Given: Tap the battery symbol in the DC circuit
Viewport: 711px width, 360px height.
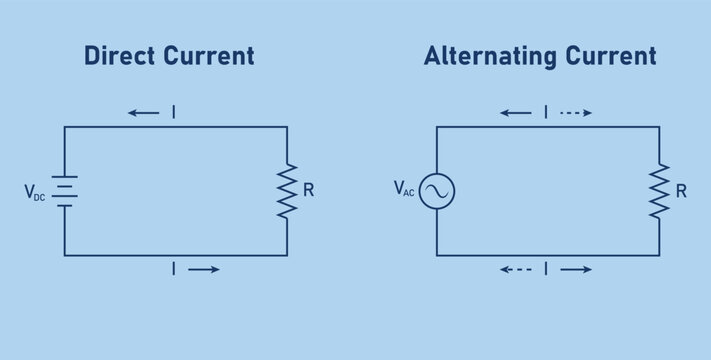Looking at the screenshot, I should pos(65,191).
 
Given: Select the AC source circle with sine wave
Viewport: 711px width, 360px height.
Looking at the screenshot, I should pos(437,191).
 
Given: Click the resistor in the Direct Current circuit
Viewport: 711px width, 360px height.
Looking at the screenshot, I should pos(287,191).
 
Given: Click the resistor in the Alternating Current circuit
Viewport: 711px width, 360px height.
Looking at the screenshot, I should pos(659,191).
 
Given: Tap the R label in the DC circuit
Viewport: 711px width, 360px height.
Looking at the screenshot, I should pos(308,189).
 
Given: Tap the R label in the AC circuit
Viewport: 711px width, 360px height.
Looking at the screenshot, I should pos(681,189).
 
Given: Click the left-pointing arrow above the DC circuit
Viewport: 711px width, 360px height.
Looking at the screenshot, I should pos(144,113).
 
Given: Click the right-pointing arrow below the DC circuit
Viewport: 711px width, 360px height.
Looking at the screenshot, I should pos(204,269).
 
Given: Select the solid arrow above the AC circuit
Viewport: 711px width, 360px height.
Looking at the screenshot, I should pos(516,113).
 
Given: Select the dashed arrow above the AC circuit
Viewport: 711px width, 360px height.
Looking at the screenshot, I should pos(576,113).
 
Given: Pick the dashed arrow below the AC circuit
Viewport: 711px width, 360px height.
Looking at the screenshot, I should pos(516,269).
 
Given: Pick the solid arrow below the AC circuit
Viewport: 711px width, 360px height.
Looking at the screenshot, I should pos(576,269).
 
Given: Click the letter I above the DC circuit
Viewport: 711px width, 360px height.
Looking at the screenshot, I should pos(174,113).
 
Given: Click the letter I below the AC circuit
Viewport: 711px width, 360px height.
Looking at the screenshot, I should pos(546,269).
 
